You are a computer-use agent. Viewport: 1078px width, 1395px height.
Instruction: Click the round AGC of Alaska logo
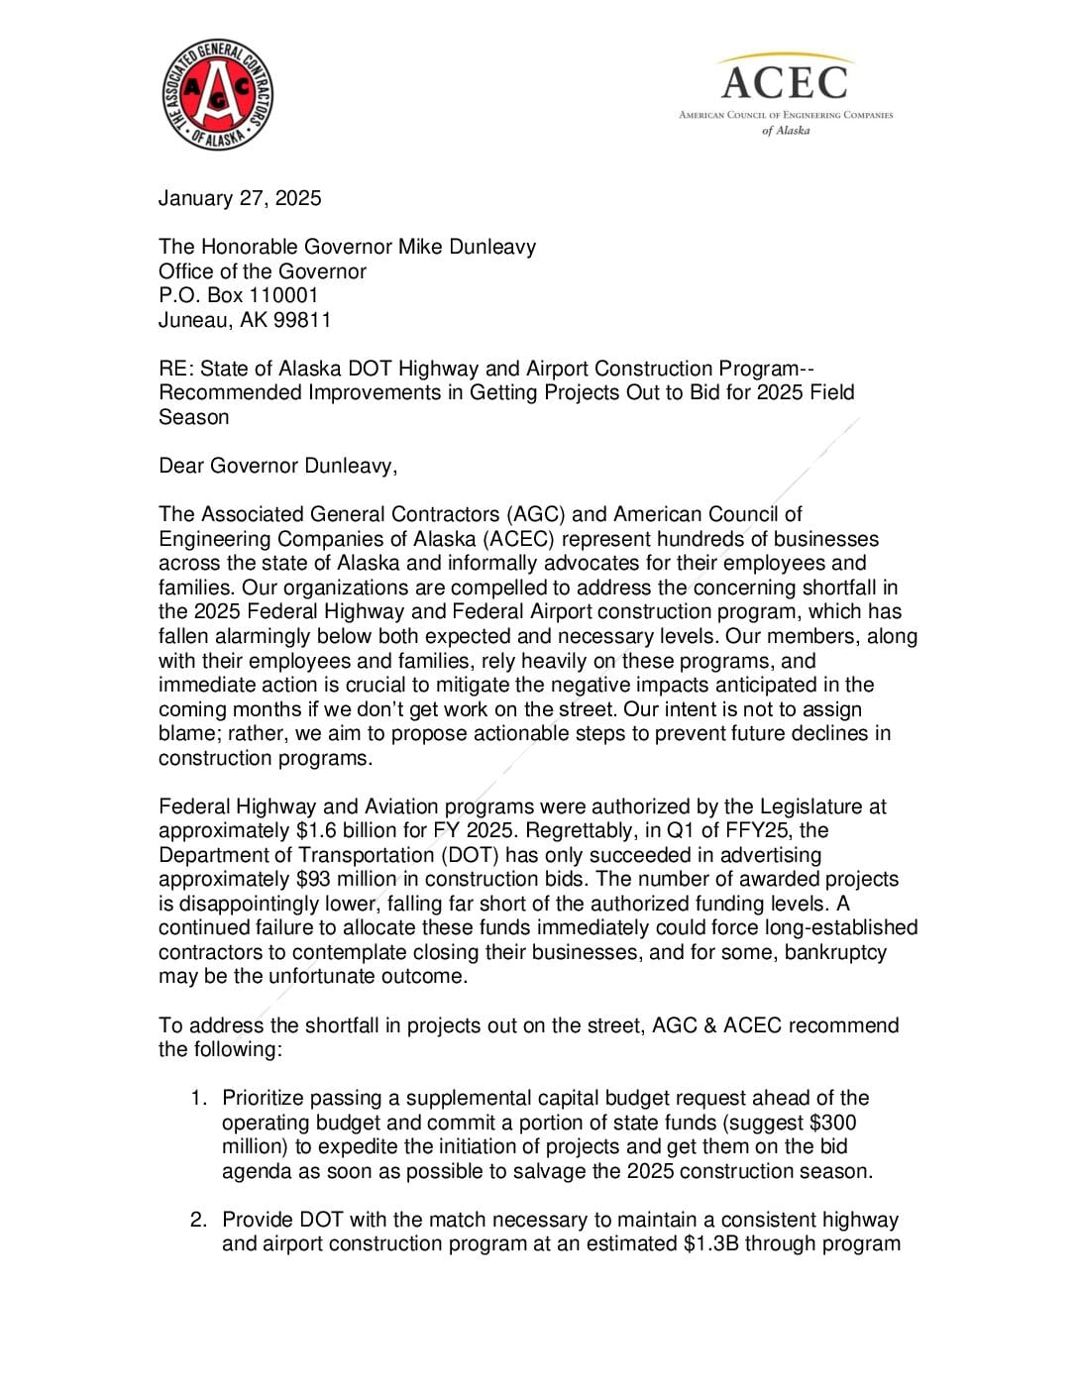(x=217, y=95)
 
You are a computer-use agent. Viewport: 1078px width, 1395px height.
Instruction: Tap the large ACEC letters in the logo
(x=784, y=82)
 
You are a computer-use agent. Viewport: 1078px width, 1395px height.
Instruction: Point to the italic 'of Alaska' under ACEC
(x=786, y=131)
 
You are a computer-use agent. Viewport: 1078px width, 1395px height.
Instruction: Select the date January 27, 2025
(x=240, y=198)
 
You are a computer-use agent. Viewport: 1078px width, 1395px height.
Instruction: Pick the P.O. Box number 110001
(x=283, y=295)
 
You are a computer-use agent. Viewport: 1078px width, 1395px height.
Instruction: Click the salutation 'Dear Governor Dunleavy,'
(x=277, y=466)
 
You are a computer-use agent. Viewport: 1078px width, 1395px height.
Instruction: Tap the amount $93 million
(x=345, y=879)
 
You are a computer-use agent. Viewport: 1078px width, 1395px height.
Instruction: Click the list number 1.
(x=199, y=1098)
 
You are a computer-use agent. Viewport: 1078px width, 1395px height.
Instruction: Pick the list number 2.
(x=199, y=1220)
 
